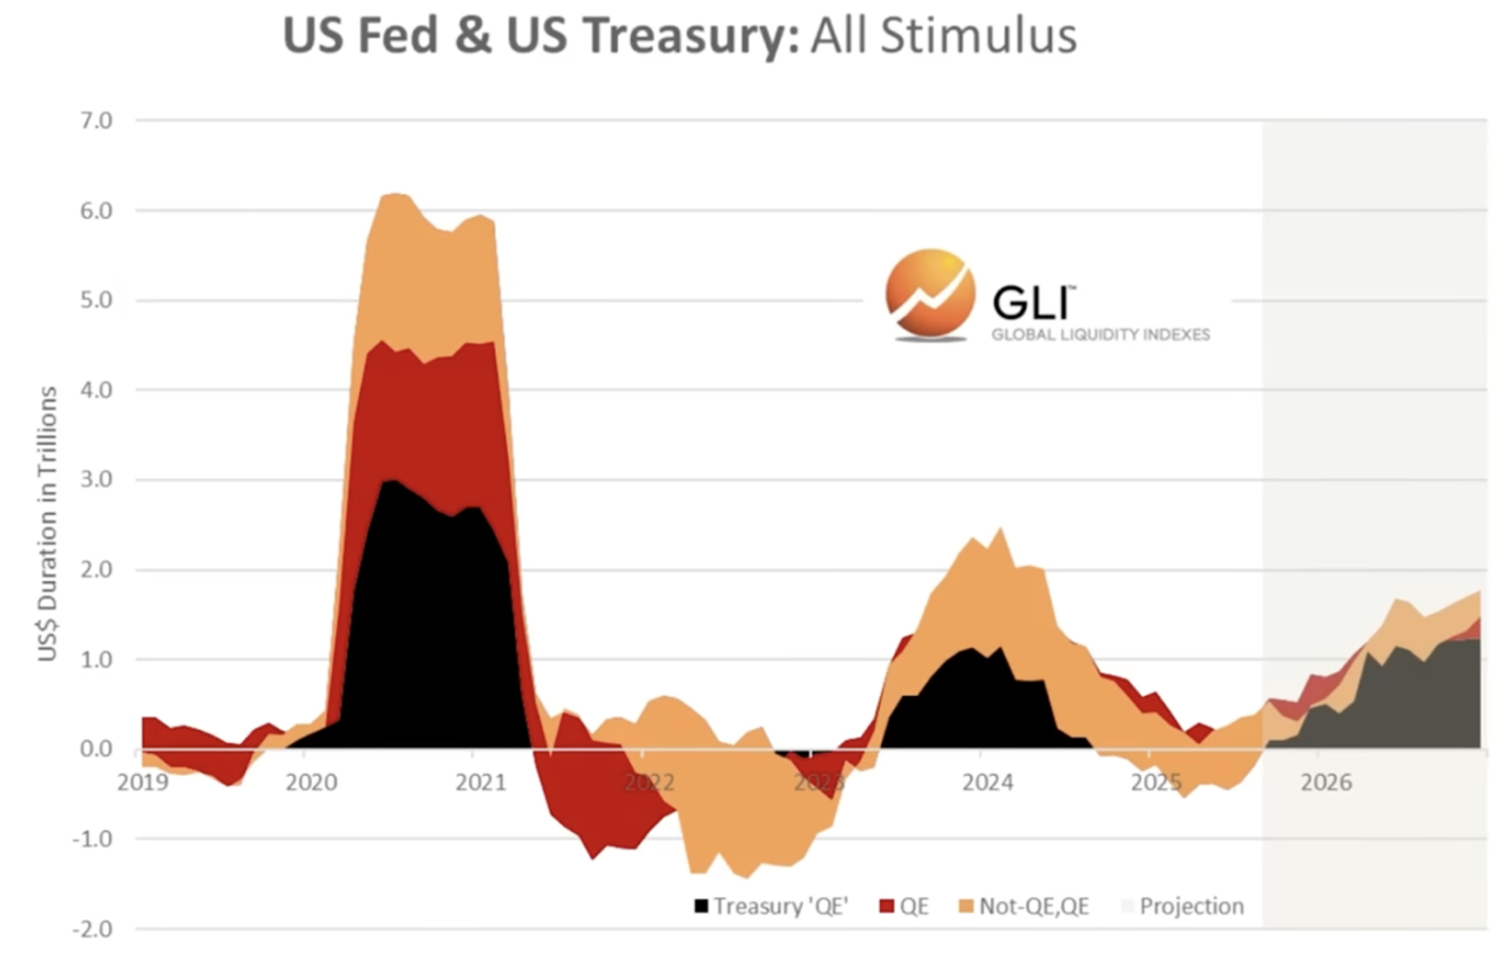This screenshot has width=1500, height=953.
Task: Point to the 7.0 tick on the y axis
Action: point(96,120)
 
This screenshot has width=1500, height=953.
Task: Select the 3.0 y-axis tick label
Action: point(96,479)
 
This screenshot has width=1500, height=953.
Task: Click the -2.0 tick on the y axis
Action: point(93,928)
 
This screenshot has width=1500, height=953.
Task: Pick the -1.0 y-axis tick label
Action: point(93,839)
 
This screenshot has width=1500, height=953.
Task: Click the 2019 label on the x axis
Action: point(143,783)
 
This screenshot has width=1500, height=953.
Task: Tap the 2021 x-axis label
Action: point(480,783)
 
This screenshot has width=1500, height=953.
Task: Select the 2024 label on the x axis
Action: point(987,783)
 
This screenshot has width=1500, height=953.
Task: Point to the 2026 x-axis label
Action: point(1326,783)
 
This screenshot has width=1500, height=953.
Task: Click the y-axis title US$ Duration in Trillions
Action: point(47,524)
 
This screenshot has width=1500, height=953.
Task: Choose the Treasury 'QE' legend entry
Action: point(772,906)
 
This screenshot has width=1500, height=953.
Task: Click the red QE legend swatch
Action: point(887,906)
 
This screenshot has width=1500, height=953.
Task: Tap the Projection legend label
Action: point(1191,906)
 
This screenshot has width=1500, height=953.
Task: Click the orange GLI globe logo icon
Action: point(929,293)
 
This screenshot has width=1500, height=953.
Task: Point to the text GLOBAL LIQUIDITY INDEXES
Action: point(1100,335)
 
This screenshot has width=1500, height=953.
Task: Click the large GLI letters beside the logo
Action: point(1031,301)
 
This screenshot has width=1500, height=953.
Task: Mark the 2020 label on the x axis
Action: point(311,783)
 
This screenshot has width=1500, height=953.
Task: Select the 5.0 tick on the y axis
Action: point(96,300)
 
